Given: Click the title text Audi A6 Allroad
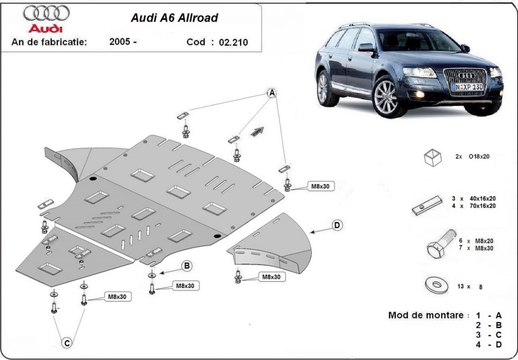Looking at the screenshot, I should (x=175, y=18).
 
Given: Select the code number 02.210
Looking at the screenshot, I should (x=233, y=42).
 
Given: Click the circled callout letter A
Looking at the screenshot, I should (x=272, y=93).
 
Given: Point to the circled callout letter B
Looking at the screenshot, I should (x=187, y=266).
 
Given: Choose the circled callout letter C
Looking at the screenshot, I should (x=67, y=342).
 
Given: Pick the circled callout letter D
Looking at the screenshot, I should (x=337, y=225).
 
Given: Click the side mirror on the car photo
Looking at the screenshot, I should (x=366, y=48).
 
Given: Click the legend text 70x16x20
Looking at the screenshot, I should (x=480, y=206).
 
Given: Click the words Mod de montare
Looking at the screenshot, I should (x=426, y=315).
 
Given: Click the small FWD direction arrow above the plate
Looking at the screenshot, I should (x=257, y=132).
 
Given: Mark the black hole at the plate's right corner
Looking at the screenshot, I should (x=217, y=237).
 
